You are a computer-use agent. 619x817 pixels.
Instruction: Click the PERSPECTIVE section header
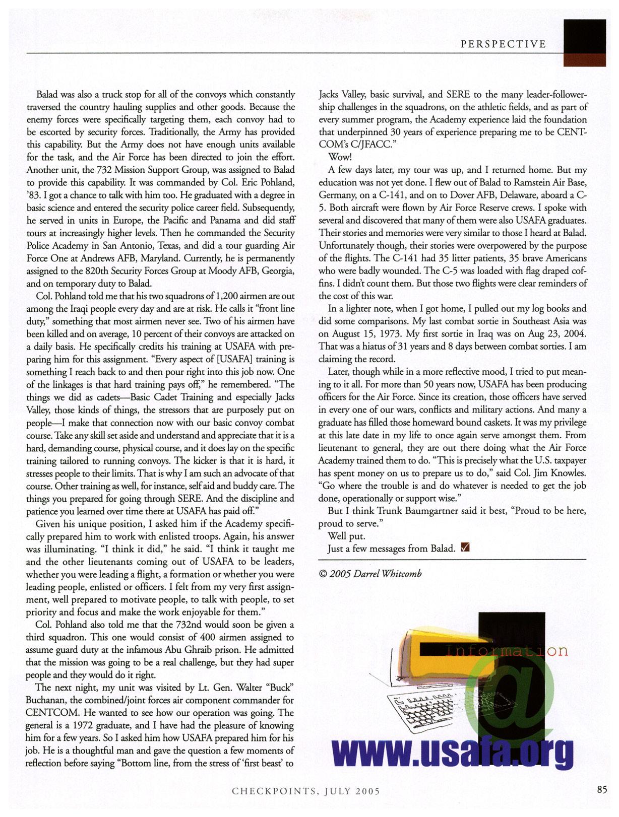point(503,44)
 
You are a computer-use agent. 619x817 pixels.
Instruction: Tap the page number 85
point(602,789)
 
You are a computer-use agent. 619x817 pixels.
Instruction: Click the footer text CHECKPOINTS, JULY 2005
point(305,791)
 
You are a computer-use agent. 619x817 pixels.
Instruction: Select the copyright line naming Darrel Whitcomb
point(370,574)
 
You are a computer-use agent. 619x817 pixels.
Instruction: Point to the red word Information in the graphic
point(507,651)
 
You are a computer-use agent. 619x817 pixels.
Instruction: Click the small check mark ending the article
point(465,548)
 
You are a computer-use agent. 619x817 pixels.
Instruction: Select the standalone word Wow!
point(340,157)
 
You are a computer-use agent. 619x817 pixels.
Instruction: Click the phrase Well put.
point(346,536)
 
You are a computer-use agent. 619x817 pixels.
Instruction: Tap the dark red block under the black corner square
point(584,59)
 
